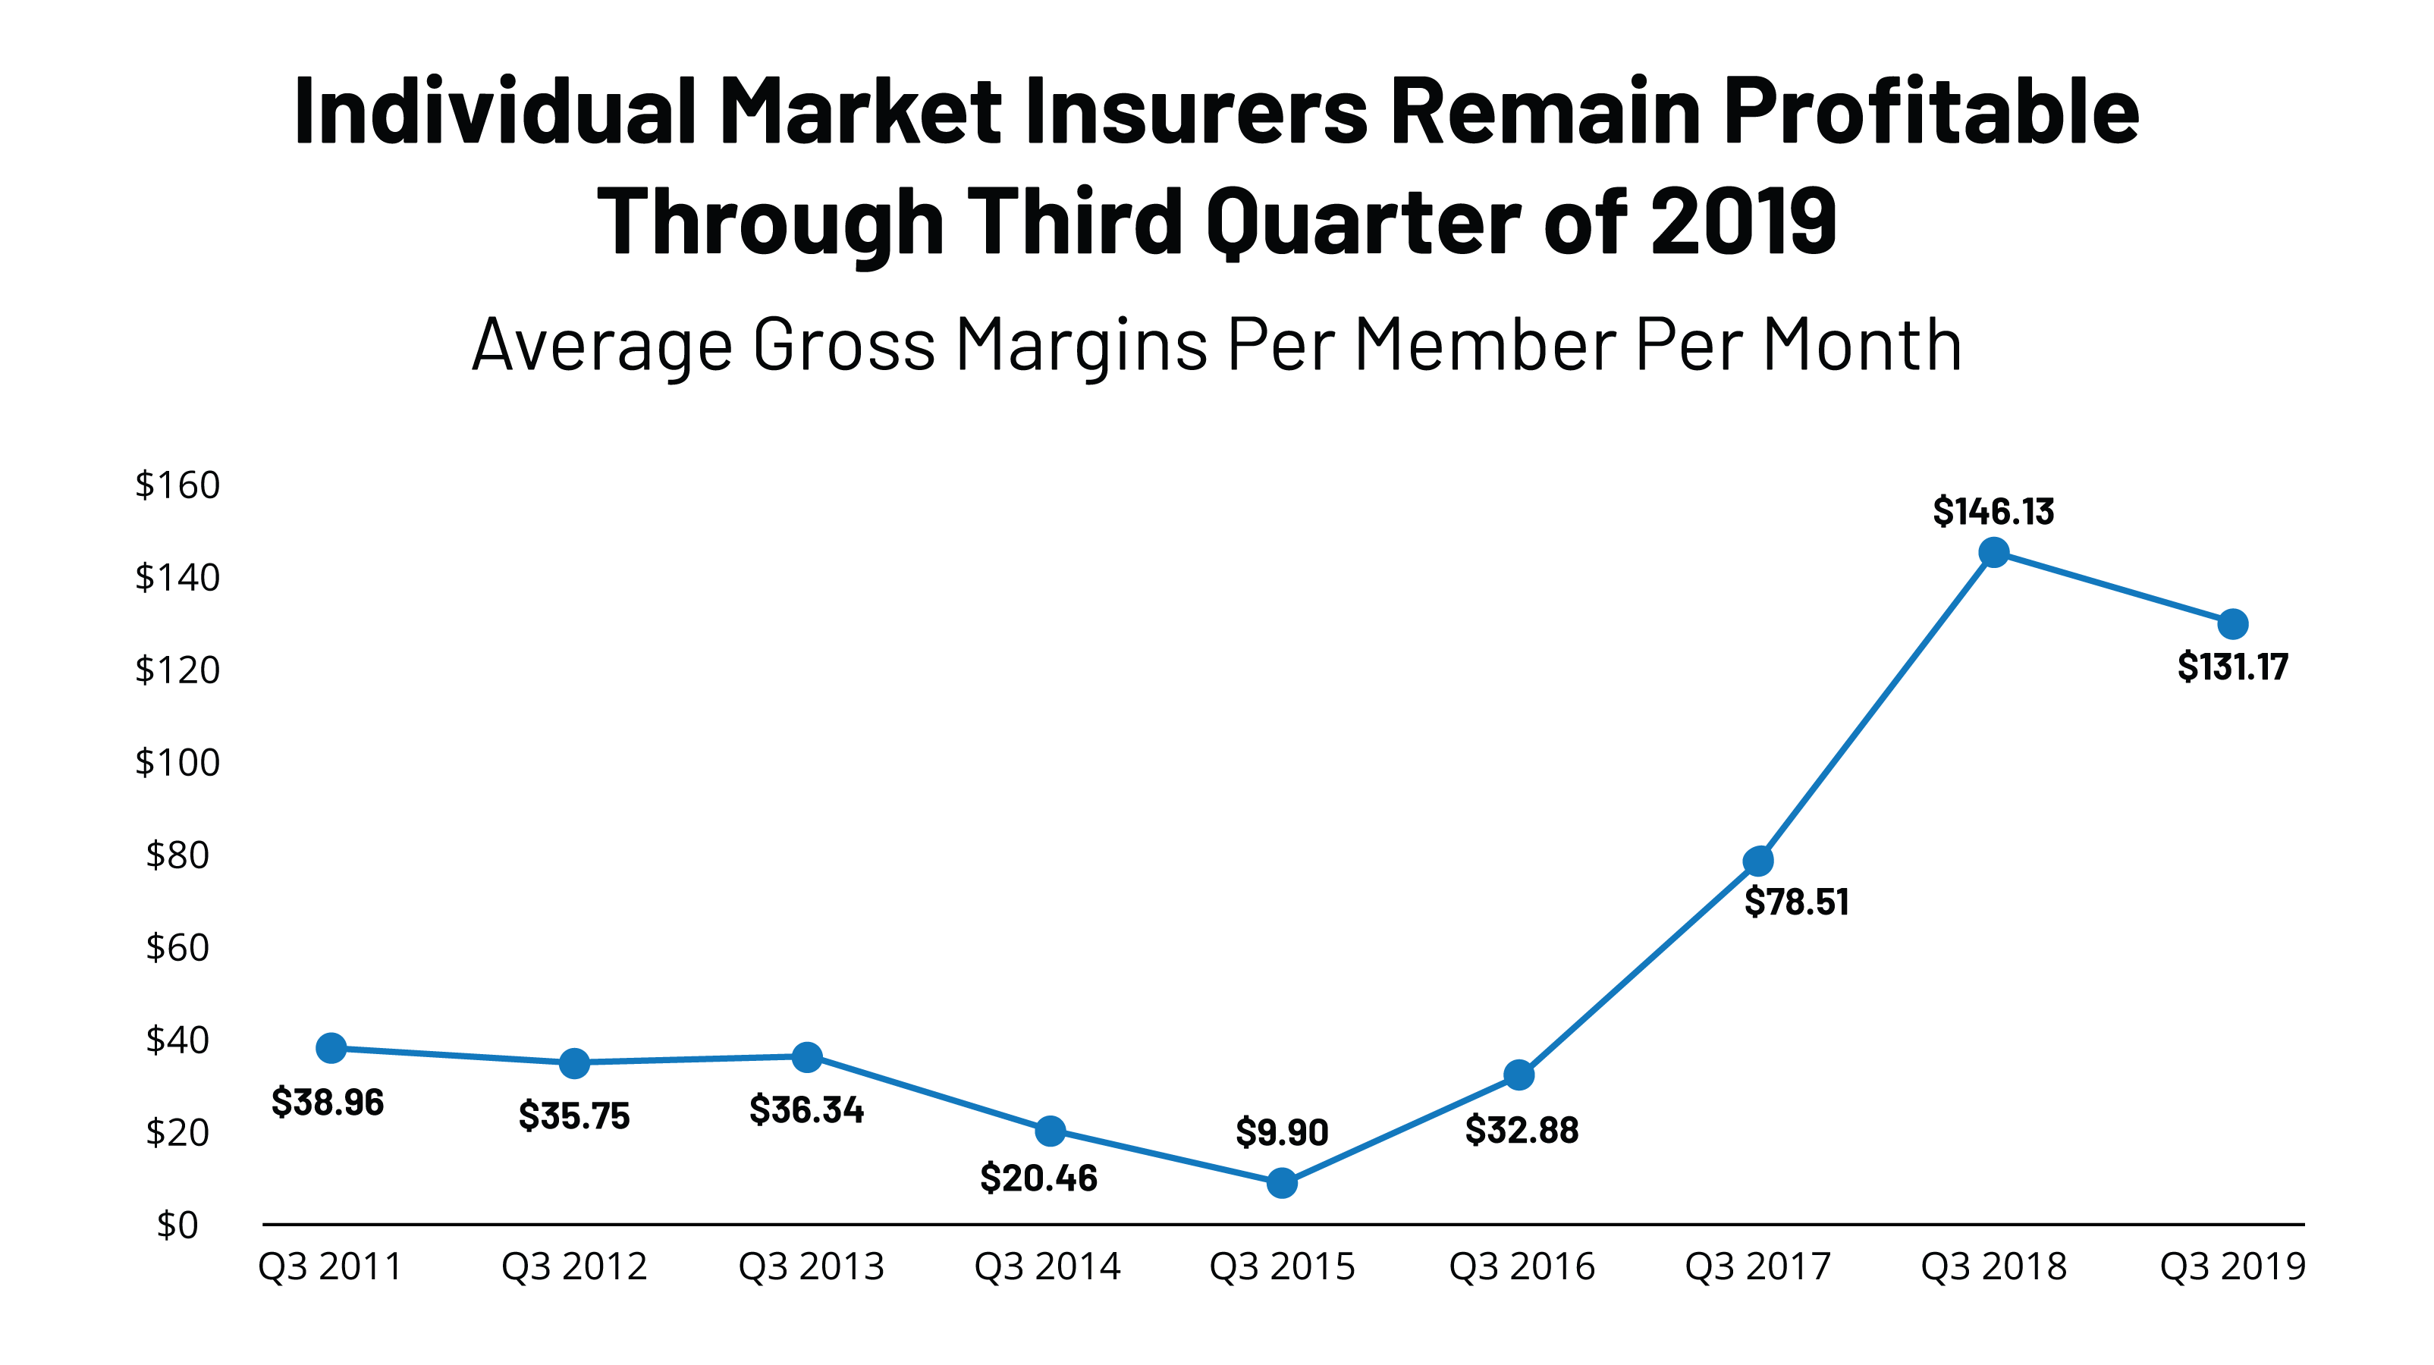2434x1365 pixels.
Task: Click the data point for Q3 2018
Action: click(1993, 553)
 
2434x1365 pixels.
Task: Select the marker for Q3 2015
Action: click(1281, 1183)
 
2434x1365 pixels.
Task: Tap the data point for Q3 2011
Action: click(331, 1047)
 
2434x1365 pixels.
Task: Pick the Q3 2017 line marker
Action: click(1757, 861)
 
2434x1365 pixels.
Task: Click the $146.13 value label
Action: click(1993, 511)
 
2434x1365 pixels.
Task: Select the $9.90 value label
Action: click(1281, 1131)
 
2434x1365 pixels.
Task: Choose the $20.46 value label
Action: click(1038, 1178)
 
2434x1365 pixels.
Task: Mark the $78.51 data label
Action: click(1796, 902)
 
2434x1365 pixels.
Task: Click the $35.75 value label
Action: click(573, 1116)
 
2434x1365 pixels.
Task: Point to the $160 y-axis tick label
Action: click(177, 485)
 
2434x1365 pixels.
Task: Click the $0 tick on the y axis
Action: click(177, 1225)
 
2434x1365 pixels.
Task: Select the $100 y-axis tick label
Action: click(177, 762)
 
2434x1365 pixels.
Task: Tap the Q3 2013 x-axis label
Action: click(811, 1266)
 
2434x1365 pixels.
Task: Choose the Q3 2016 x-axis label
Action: click(1522, 1266)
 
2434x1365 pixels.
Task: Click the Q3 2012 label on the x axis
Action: click(573, 1266)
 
